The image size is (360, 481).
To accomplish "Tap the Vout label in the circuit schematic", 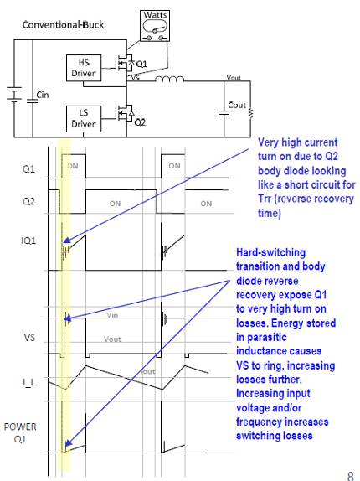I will (x=234, y=76).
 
